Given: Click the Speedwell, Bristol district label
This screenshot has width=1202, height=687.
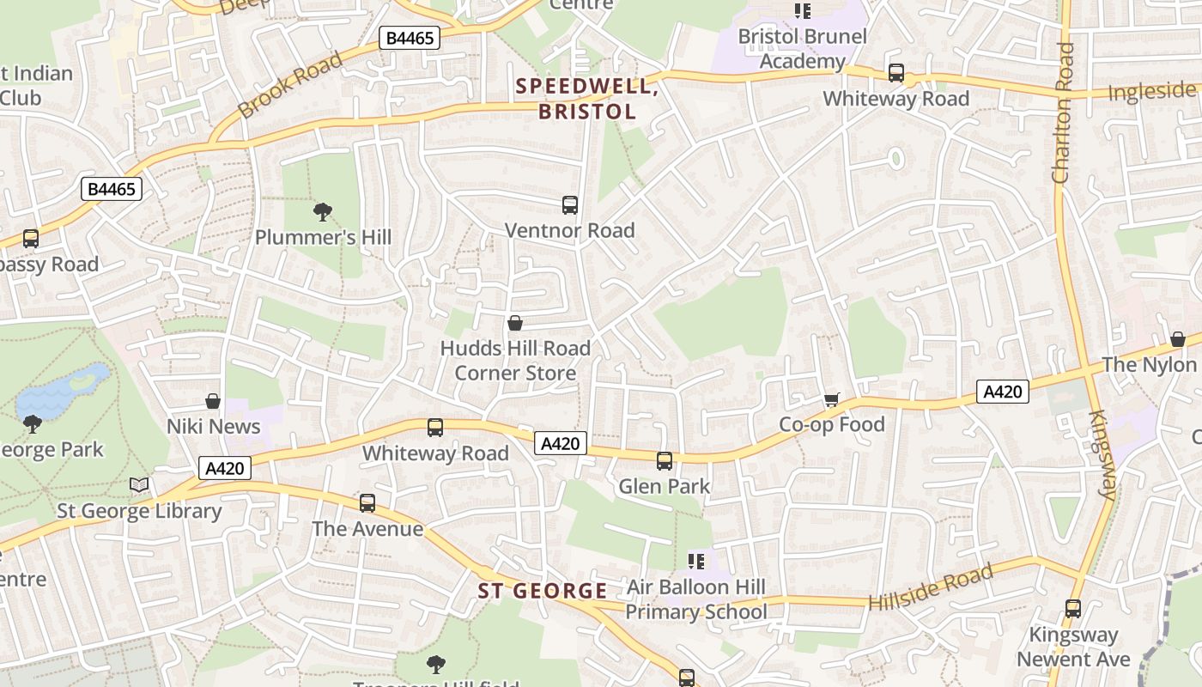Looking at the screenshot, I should pyautogui.click(x=587, y=99).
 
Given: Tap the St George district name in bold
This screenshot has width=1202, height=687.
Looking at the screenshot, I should pyautogui.click(x=543, y=591).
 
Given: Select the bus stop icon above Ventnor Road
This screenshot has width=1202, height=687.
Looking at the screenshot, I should pyautogui.click(x=570, y=205).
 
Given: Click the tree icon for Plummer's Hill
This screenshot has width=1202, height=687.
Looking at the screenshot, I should pyautogui.click(x=323, y=211).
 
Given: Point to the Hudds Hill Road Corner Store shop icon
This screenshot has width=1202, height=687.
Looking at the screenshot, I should pyautogui.click(x=515, y=323).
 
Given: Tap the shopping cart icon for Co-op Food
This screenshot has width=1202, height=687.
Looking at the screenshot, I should pyautogui.click(x=831, y=399).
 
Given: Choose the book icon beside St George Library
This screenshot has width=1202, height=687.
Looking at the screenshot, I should pyautogui.click(x=139, y=485).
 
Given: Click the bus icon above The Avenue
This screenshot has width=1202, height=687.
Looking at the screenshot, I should pyautogui.click(x=367, y=503).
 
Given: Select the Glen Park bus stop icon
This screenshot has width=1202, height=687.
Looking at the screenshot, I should pyautogui.click(x=665, y=461).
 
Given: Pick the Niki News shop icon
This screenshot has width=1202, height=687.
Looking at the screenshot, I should pyautogui.click(x=213, y=401).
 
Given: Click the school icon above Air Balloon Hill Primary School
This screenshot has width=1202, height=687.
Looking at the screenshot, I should pyautogui.click(x=696, y=562).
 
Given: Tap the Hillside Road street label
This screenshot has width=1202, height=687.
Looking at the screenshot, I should pyautogui.click(x=931, y=587).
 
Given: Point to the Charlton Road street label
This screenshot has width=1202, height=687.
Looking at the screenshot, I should pyautogui.click(x=1063, y=112).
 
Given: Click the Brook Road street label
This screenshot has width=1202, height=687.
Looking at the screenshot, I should pyautogui.click(x=289, y=84).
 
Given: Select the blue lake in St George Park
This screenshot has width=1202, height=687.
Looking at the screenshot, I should pyautogui.click(x=62, y=392).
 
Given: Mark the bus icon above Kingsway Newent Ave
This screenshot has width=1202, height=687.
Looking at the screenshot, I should pyautogui.click(x=1073, y=609).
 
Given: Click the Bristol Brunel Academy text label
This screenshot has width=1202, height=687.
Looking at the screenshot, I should pyautogui.click(x=803, y=49).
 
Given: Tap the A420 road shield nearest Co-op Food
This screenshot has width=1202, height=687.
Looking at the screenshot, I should pyautogui.click(x=1002, y=392).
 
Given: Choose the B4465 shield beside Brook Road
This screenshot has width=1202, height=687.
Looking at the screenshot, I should pyautogui.click(x=410, y=38).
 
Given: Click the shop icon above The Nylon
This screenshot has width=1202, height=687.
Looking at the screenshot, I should pyautogui.click(x=1178, y=339).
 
